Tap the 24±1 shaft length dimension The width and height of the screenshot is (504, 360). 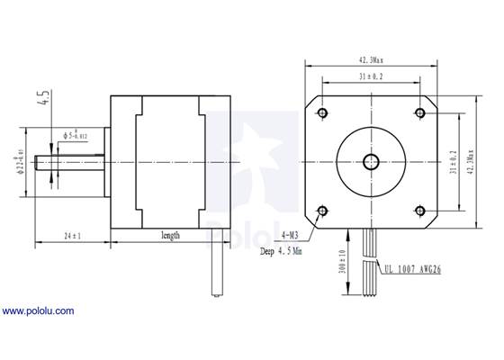(x=71, y=237)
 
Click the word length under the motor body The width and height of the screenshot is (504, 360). (x=170, y=236)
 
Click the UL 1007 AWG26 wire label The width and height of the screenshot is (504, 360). (x=415, y=268)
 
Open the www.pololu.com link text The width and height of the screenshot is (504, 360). (x=38, y=311)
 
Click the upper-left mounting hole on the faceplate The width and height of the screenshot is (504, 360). (x=321, y=112)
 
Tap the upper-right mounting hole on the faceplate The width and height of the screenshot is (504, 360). (x=420, y=112)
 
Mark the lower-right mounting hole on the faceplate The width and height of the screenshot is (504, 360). (x=420, y=211)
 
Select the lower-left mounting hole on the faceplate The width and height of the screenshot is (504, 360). (x=321, y=211)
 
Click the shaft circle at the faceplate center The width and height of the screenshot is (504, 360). (x=371, y=162)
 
